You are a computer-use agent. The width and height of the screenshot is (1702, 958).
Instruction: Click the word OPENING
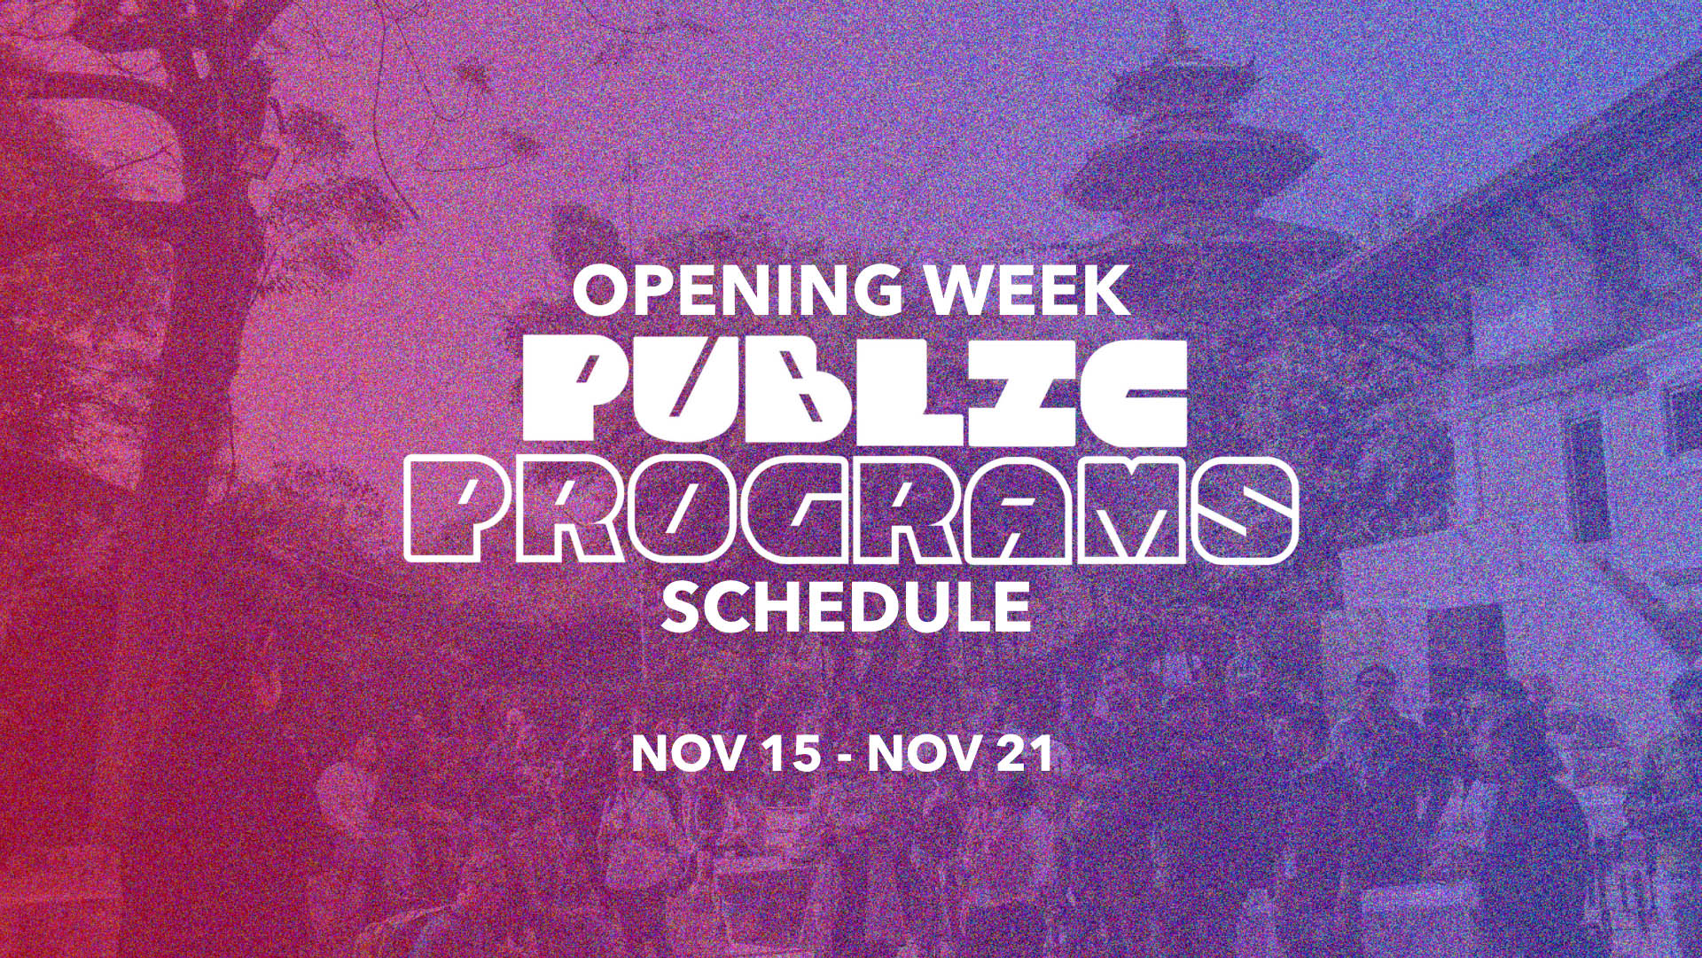(728, 290)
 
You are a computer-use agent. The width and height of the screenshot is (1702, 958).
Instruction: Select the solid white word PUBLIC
(855, 390)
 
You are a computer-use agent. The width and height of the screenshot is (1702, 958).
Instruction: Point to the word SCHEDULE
(847, 606)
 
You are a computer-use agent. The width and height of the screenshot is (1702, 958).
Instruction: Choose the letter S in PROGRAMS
(1245, 512)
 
